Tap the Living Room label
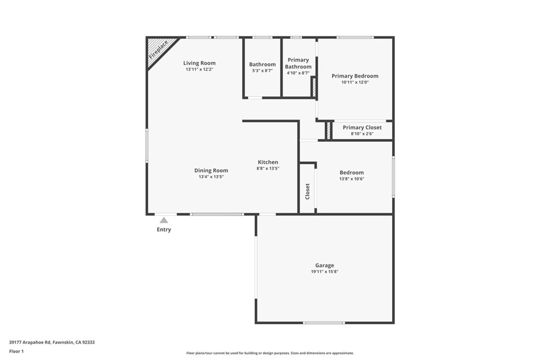[199, 63]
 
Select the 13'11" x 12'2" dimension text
[199, 70]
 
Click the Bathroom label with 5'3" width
[263, 64]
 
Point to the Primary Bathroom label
[298, 63]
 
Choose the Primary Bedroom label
[355, 76]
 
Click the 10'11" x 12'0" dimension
[355, 82]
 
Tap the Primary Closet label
[362, 128]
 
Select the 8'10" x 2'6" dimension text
[362, 134]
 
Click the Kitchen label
[268, 162]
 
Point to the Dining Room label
[211, 170]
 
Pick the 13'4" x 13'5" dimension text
[211, 177]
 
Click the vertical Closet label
[307, 191]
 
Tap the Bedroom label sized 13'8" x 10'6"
[352, 172]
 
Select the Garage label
[324, 266]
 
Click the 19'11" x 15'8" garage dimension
[324, 272]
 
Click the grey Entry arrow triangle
[164, 220]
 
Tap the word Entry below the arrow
[164, 230]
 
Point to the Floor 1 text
[16, 351]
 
